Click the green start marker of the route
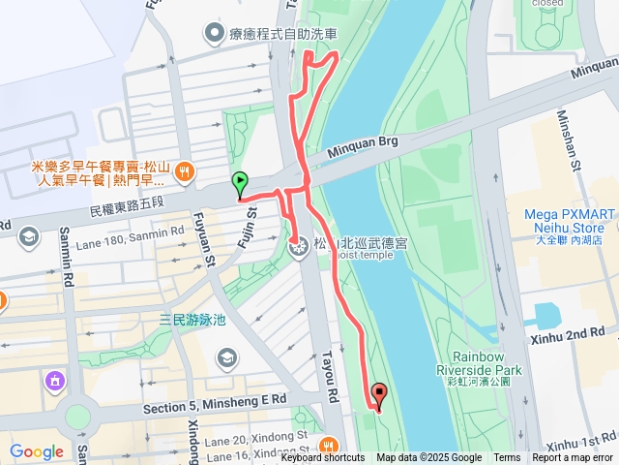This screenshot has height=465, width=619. point(239,181)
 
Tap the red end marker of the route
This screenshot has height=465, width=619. point(378,394)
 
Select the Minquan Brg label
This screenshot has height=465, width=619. point(363,142)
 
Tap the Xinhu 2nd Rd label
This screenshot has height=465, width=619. point(568,332)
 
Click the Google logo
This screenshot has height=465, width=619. point(37,451)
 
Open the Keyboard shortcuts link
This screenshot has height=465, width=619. point(323,458)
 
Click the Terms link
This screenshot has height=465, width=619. point(507,458)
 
